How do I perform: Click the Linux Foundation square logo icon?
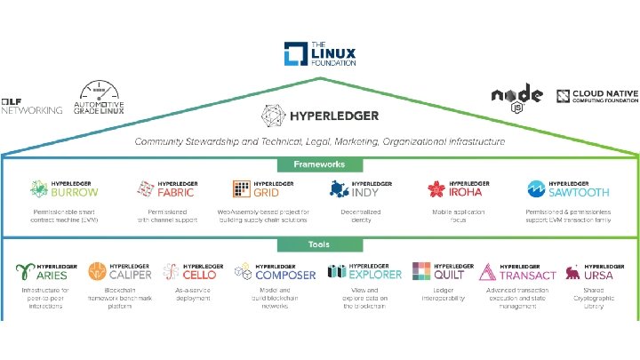point(295,53)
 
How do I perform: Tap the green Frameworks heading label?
point(320,164)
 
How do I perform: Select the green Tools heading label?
point(320,245)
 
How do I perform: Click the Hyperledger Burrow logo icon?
point(38,188)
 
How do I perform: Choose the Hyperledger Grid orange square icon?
point(242,188)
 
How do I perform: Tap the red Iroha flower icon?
point(436,188)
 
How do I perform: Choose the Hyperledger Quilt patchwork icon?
point(422,271)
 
